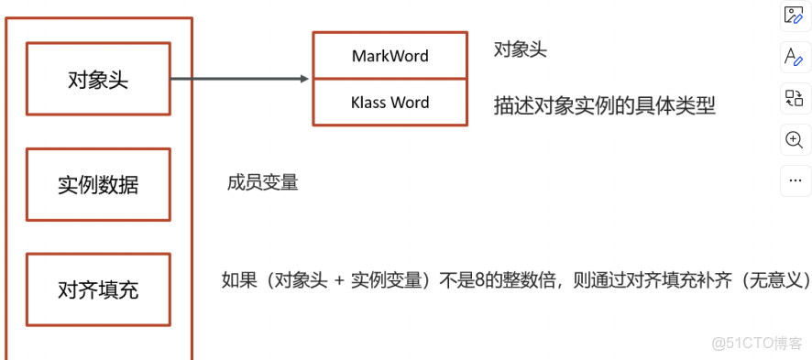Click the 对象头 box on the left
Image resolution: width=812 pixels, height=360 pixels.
(98, 80)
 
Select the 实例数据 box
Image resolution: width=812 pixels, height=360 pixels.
(98, 184)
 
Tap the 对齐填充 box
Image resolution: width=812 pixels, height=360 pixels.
(98, 290)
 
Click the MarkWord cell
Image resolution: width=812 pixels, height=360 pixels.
(390, 56)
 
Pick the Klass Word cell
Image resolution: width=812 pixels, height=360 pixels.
(390, 103)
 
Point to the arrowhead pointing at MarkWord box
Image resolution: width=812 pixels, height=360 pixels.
(305, 79)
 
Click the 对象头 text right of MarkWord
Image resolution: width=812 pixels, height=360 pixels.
(520, 50)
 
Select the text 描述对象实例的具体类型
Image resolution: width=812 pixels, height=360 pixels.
(604, 105)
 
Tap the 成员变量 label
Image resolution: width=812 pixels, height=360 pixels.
(263, 182)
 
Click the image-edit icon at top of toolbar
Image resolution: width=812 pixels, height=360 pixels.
(794, 15)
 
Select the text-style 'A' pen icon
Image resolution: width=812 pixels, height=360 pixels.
(794, 57)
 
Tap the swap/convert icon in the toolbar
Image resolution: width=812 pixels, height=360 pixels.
(794, 98)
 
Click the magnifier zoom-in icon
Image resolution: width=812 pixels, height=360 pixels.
(794, 139)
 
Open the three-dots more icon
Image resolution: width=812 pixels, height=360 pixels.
(794, 180)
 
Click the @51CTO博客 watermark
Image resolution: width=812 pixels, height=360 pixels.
(756, 344)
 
